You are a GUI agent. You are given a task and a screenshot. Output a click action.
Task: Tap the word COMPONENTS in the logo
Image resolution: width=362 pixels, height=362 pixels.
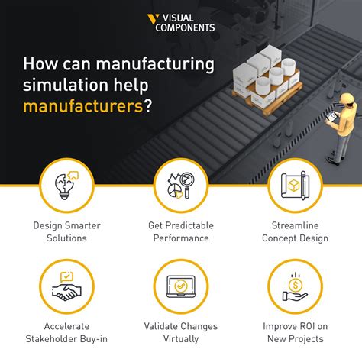coord(185,27)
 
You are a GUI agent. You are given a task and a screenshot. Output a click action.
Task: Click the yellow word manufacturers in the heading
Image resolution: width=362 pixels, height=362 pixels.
coord(83,106)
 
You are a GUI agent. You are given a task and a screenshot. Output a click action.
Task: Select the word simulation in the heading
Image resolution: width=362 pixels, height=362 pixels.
coord(66,85)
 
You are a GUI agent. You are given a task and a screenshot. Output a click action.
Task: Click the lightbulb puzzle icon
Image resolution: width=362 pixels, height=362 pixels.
coord(66,186)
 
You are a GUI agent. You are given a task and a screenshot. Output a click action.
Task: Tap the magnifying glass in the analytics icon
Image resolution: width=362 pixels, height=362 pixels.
coord(188,185)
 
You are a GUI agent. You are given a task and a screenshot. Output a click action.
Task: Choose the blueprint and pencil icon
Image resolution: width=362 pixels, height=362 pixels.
coord(295,186)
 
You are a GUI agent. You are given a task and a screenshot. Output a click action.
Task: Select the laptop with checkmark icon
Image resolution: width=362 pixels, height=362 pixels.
coord(181,286)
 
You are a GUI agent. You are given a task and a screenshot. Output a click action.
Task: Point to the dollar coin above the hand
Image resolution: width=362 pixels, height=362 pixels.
coord(296,285)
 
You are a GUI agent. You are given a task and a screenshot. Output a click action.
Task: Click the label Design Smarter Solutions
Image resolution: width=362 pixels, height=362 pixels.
coord(66,231)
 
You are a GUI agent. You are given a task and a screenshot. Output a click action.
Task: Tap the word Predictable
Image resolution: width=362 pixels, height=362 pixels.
coord(189,225)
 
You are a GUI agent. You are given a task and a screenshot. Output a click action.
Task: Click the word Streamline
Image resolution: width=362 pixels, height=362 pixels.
coord(295,225)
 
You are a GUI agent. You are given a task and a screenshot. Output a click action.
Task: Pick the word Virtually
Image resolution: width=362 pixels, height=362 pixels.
coord(181,339)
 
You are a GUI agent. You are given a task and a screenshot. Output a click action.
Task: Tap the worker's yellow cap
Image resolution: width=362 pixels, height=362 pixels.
coord(347,99)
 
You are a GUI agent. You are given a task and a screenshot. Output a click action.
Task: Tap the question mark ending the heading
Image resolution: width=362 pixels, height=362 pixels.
coord(148,105)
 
